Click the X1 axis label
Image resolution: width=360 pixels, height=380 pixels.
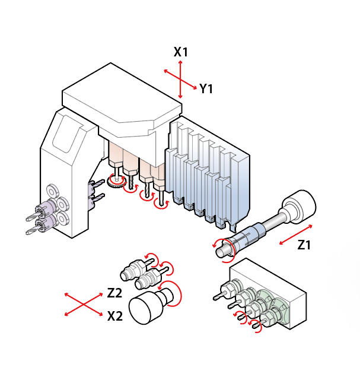tap(181, 52)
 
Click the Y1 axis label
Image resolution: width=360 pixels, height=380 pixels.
tap(206, 89)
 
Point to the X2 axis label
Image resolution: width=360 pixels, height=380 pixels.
tap(115, 316)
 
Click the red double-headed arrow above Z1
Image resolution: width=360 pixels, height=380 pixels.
tap(296, 235)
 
